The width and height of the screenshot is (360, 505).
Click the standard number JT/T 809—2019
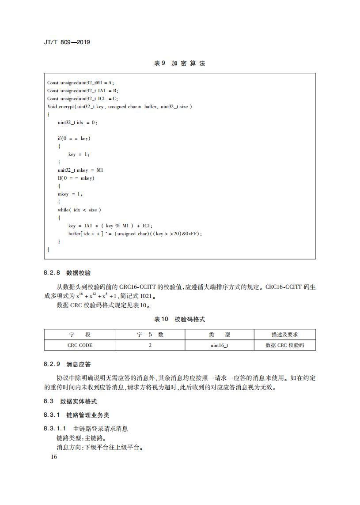tap(67, 42)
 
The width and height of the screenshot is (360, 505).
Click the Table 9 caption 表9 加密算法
tap(179, 63)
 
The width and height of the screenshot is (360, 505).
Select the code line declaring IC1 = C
tap(82, 98)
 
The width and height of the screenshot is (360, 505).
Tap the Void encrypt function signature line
tap(119, 106)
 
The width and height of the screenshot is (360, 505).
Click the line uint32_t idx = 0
tap(77, 122)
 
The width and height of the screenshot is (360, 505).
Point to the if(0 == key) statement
tap(74, 138)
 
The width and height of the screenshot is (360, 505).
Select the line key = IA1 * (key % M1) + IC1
tap(110, 226)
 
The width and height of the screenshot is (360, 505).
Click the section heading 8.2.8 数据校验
tap(67, 273)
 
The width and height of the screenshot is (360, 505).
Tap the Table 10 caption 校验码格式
tap(179, 319)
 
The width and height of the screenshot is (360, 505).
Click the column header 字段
tap(80, 335)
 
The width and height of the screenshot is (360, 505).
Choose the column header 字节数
tap(150, 335)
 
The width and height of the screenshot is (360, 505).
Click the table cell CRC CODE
tap(80, 345)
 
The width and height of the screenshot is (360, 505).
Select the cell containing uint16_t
tap(219, 345)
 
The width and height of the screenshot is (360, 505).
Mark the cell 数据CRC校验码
tap(284, 345)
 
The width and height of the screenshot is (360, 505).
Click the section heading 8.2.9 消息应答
tap(67, 364)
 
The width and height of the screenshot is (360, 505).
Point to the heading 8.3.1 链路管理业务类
tap(76, 415)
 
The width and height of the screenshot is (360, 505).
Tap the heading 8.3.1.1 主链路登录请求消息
tap(86, 429)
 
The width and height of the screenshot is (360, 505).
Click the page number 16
tap(54, 457)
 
